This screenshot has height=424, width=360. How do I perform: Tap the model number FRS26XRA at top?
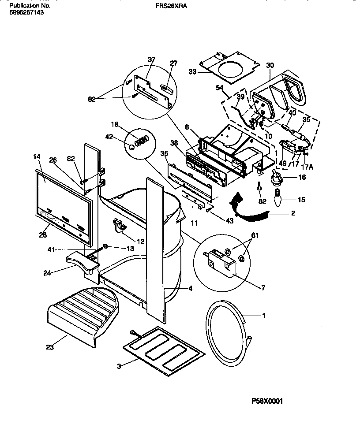coord(169,7)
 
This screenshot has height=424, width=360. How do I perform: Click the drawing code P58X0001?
coord(267,401)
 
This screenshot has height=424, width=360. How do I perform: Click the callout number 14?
coord(37,156)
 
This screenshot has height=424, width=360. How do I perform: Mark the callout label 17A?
coord(304,167)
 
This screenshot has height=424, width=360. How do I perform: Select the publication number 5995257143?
coord(26,13)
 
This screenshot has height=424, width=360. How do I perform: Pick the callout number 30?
coord(270,65)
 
